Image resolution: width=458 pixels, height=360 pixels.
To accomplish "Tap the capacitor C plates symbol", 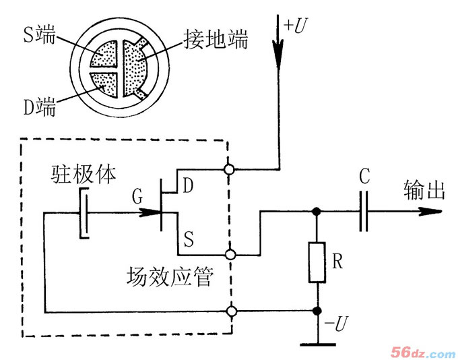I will click(364, 211).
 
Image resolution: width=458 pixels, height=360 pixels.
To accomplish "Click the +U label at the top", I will click(298, 26).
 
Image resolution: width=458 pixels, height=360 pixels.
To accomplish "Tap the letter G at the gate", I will click(137, 198).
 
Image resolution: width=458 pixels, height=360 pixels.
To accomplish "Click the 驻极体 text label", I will click(84, 174).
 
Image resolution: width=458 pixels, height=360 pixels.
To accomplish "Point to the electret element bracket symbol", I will click(82, 212).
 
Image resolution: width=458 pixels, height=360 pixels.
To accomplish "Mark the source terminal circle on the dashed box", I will click(230, 255).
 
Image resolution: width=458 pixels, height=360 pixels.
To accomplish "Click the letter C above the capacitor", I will click(364, 179).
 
